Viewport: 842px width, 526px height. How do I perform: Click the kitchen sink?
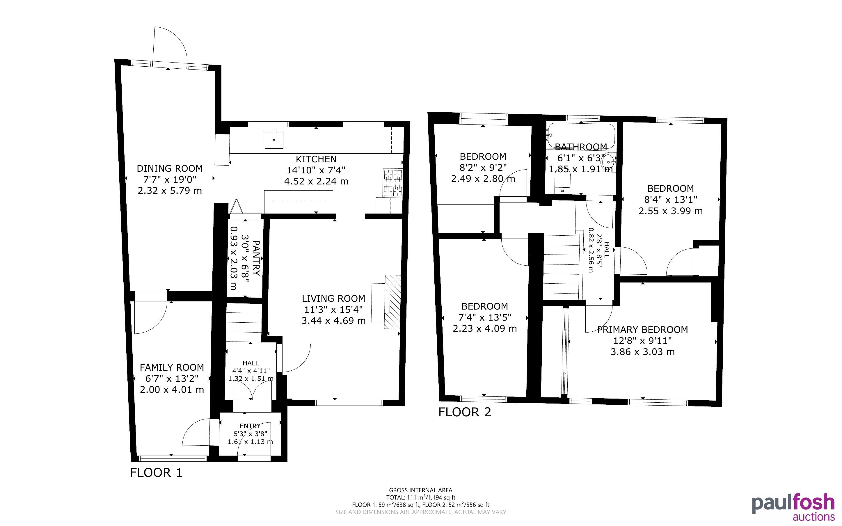pos(274,140)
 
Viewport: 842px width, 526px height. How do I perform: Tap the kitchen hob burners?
pos(393,183)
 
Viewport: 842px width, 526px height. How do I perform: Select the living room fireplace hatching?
pos(393,302)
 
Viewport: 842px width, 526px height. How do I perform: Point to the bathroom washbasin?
pos(609,162)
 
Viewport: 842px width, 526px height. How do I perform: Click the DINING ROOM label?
pos(169,168)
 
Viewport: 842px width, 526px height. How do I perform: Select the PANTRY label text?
pos(256,258)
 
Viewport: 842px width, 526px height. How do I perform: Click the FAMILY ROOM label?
pos(172,367)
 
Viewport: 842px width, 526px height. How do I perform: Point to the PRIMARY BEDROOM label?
pos(642,329)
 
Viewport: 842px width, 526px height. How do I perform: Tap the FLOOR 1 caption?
pos(156,472)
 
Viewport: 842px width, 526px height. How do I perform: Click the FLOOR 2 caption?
pos(465,412)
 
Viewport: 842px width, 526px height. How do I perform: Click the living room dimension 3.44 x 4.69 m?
pos(333,320)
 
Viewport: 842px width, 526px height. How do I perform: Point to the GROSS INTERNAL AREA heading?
pos(420,490)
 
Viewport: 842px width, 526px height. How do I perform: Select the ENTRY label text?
pos(250,426)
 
